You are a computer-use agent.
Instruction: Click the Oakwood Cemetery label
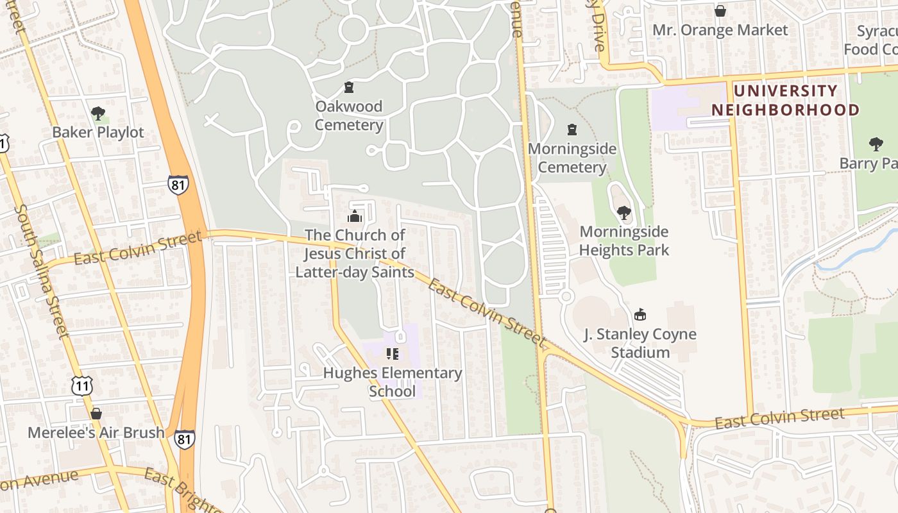click(349, 115)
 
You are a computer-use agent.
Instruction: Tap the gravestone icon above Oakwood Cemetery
click(349, 87)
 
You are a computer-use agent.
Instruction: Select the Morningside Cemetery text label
click(572, 158)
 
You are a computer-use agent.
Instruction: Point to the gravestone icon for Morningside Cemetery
click(572, 130)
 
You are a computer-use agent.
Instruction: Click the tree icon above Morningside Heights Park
click(623, 212)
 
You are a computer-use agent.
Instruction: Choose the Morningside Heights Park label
click(624, 240)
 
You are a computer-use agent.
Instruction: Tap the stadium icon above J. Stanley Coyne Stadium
click(640, 314)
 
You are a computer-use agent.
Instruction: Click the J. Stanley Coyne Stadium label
click(640, 343)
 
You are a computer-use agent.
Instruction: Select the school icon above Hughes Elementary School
click(393, 353)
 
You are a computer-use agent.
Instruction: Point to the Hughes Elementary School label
click(393, 382)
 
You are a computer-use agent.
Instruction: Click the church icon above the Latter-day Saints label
click(355, 216)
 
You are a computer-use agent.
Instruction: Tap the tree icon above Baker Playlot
click(98, 114)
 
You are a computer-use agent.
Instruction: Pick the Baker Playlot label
click(98, 133)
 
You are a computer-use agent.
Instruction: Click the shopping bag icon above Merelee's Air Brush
click(96, 414)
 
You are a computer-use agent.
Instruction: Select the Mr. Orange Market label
click(720, 30)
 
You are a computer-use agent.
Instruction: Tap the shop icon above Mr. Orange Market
click(720, 11)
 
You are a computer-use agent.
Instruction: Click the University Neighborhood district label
click(785, 101)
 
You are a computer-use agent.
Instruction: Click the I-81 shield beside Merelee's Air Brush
click(185, 439)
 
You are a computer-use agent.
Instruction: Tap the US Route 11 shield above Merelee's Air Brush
click(82, 385)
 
